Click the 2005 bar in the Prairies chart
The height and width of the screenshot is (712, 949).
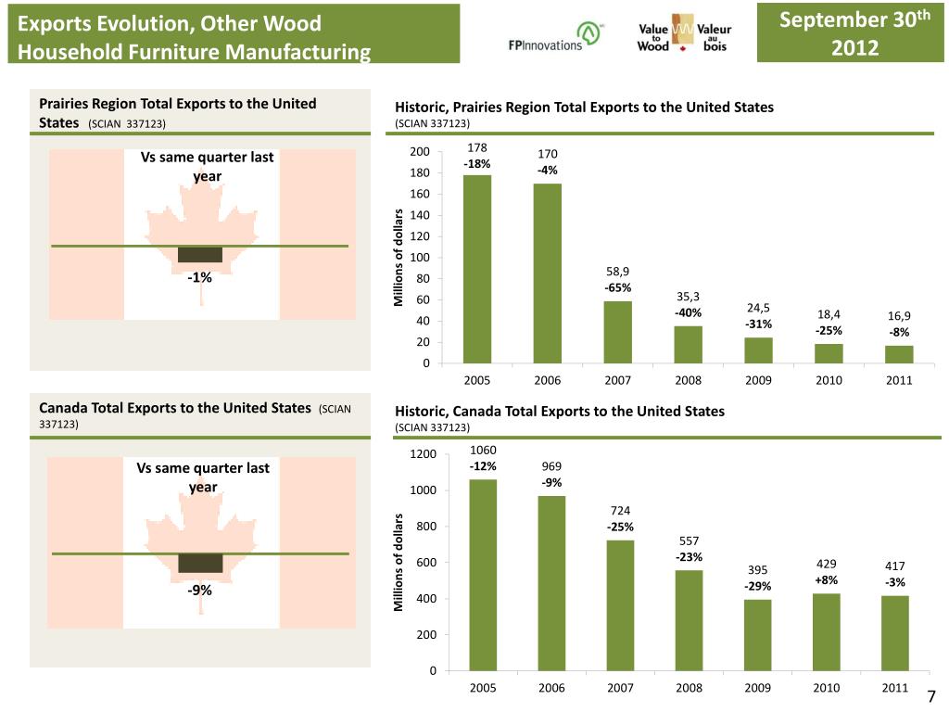[477, 269]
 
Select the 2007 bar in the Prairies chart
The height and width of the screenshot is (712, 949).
[617, 332]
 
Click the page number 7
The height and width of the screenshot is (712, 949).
[932, 698]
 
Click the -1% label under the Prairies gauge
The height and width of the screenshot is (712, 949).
[199, 277]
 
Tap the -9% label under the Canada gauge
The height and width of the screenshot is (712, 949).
[199, 590]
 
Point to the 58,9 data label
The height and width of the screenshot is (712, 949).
[618, 271]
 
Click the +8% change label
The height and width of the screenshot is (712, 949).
[826, 580]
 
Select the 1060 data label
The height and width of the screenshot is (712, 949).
[483, 450]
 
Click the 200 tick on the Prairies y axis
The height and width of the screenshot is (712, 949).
[419, 152]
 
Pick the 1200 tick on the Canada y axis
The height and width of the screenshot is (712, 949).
[423, 454]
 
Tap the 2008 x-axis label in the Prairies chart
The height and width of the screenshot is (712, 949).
[689, 380]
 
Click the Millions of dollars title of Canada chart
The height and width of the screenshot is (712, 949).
[399, 562]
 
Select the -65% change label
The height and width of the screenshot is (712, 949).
[618, 287]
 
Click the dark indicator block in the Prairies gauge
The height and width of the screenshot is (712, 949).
[200, 255]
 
